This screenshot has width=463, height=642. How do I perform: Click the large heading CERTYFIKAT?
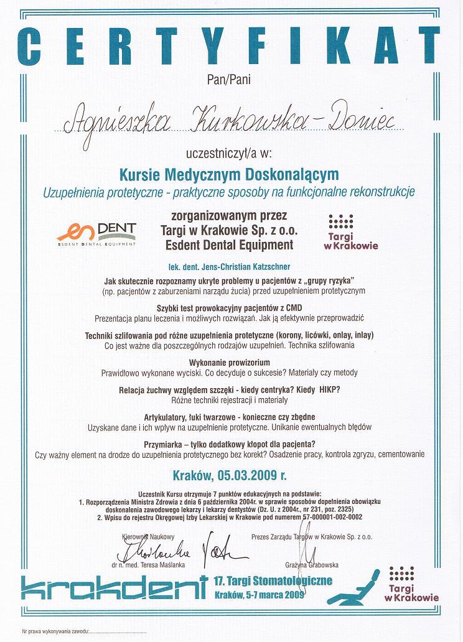(231, 44)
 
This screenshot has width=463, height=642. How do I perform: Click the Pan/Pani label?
(230, 78)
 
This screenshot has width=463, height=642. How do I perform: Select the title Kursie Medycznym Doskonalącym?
(231, 172)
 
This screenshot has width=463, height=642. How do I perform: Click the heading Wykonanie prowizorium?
(231, 362)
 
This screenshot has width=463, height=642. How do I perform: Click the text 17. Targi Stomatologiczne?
(273, 581)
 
